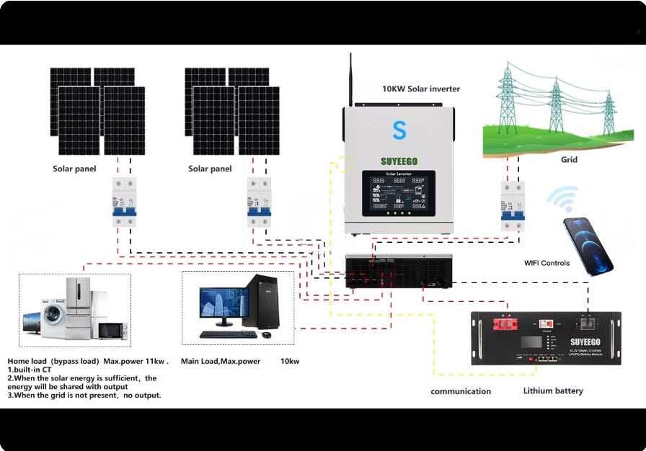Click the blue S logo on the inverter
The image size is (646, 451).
(399, 130)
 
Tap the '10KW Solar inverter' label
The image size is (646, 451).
(421, 89)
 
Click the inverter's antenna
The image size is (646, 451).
(350, 79)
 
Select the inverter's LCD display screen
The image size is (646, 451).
(399, 194)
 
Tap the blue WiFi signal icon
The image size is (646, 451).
(562, 199)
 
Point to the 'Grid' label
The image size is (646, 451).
(569, 160)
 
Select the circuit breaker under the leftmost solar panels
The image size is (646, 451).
(124, 202)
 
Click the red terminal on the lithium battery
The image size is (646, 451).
(505, 326)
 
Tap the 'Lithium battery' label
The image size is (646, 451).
(553, 390)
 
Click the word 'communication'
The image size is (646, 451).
(461, 391)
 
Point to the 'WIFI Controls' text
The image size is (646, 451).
(547, 263)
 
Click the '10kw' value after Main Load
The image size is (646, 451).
(290, 361)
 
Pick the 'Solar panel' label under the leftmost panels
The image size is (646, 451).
(74, 169)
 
